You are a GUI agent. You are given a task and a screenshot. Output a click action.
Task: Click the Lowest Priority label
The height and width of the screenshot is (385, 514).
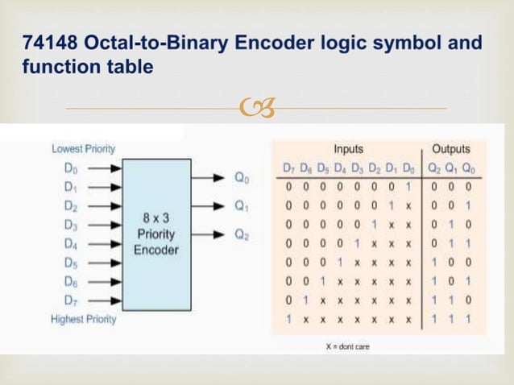83,149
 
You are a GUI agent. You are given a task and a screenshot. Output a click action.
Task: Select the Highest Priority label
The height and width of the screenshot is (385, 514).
84,319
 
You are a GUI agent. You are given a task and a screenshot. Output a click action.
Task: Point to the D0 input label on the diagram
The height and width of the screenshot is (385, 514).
70,170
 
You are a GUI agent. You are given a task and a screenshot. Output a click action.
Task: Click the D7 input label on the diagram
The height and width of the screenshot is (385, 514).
70,301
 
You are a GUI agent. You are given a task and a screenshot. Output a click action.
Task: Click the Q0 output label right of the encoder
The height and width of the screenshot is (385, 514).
241,177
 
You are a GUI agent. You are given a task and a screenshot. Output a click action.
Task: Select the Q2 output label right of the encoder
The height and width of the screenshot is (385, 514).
241,235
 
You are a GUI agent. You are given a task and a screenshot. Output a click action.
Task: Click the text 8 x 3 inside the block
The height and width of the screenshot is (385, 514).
156,217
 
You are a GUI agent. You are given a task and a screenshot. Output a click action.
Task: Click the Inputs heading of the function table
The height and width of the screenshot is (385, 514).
348,149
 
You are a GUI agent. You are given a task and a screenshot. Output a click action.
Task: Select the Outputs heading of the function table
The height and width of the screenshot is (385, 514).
451,149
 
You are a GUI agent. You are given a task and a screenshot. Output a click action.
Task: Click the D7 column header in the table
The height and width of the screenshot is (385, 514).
288,169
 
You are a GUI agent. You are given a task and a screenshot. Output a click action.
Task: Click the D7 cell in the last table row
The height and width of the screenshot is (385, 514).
288,321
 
